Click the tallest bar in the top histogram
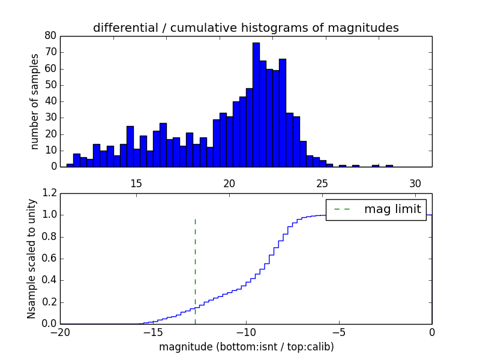(256, 105)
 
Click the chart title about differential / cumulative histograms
(246, 28)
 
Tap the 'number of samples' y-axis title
(35, 101)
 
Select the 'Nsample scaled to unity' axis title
(31, 258)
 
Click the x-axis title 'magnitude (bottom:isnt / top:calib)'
(246, 347)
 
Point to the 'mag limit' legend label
(392, 209)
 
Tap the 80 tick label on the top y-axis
(50, 36)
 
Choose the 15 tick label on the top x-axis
(136, 183)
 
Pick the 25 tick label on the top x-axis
(322, 183)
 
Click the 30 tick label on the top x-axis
(415, 183)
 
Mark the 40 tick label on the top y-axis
(50, 101)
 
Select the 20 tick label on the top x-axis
(229, 183)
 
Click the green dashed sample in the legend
(341, 209)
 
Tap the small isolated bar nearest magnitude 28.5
(389, 166)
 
